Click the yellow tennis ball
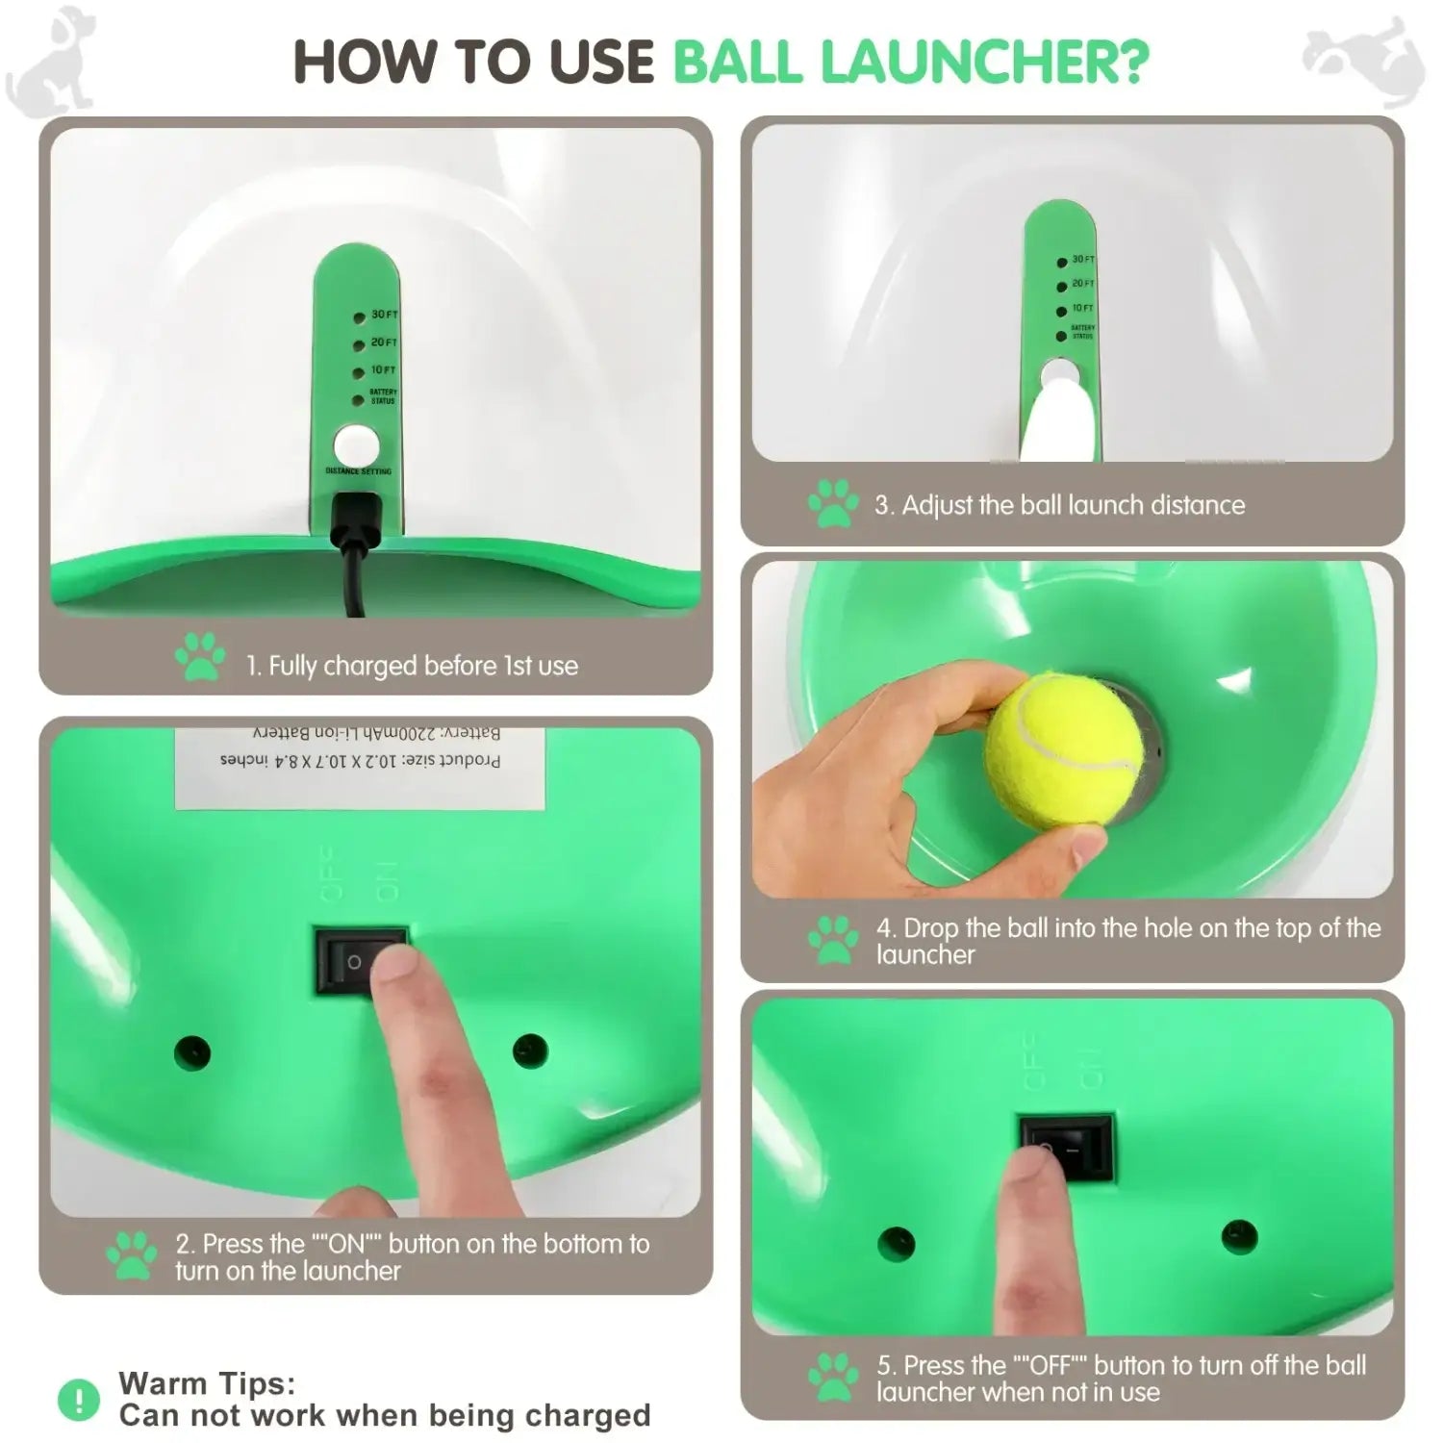pyautogui.click(x=1063, y=750)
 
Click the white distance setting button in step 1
pyautogui.click(x=356, y=446)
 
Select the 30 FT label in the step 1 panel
pyautogui.click(x=384, y=315)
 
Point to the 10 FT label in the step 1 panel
pyautogui.click(x=383, y=370)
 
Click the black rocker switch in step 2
pyautogui.click(x=361, y=960)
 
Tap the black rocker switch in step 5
pyautogui.click(x=1066, y=1147)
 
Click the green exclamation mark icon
pyautogui.click(x=79, y=1400)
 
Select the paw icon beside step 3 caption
pyautogui.click(x=833, y=504)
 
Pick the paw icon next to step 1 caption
pyautogui.click(x=200, y=656)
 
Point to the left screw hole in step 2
pyautogui.click(x=191, y=1051)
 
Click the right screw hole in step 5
pyautogui.click(x=1239, y=1237)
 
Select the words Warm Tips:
pyautogui.click(x=207, y=1383)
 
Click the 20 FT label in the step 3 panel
pyautogui.click(x=1082, y=284)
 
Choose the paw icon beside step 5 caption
pyautogui.click(x=833, y=1378)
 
